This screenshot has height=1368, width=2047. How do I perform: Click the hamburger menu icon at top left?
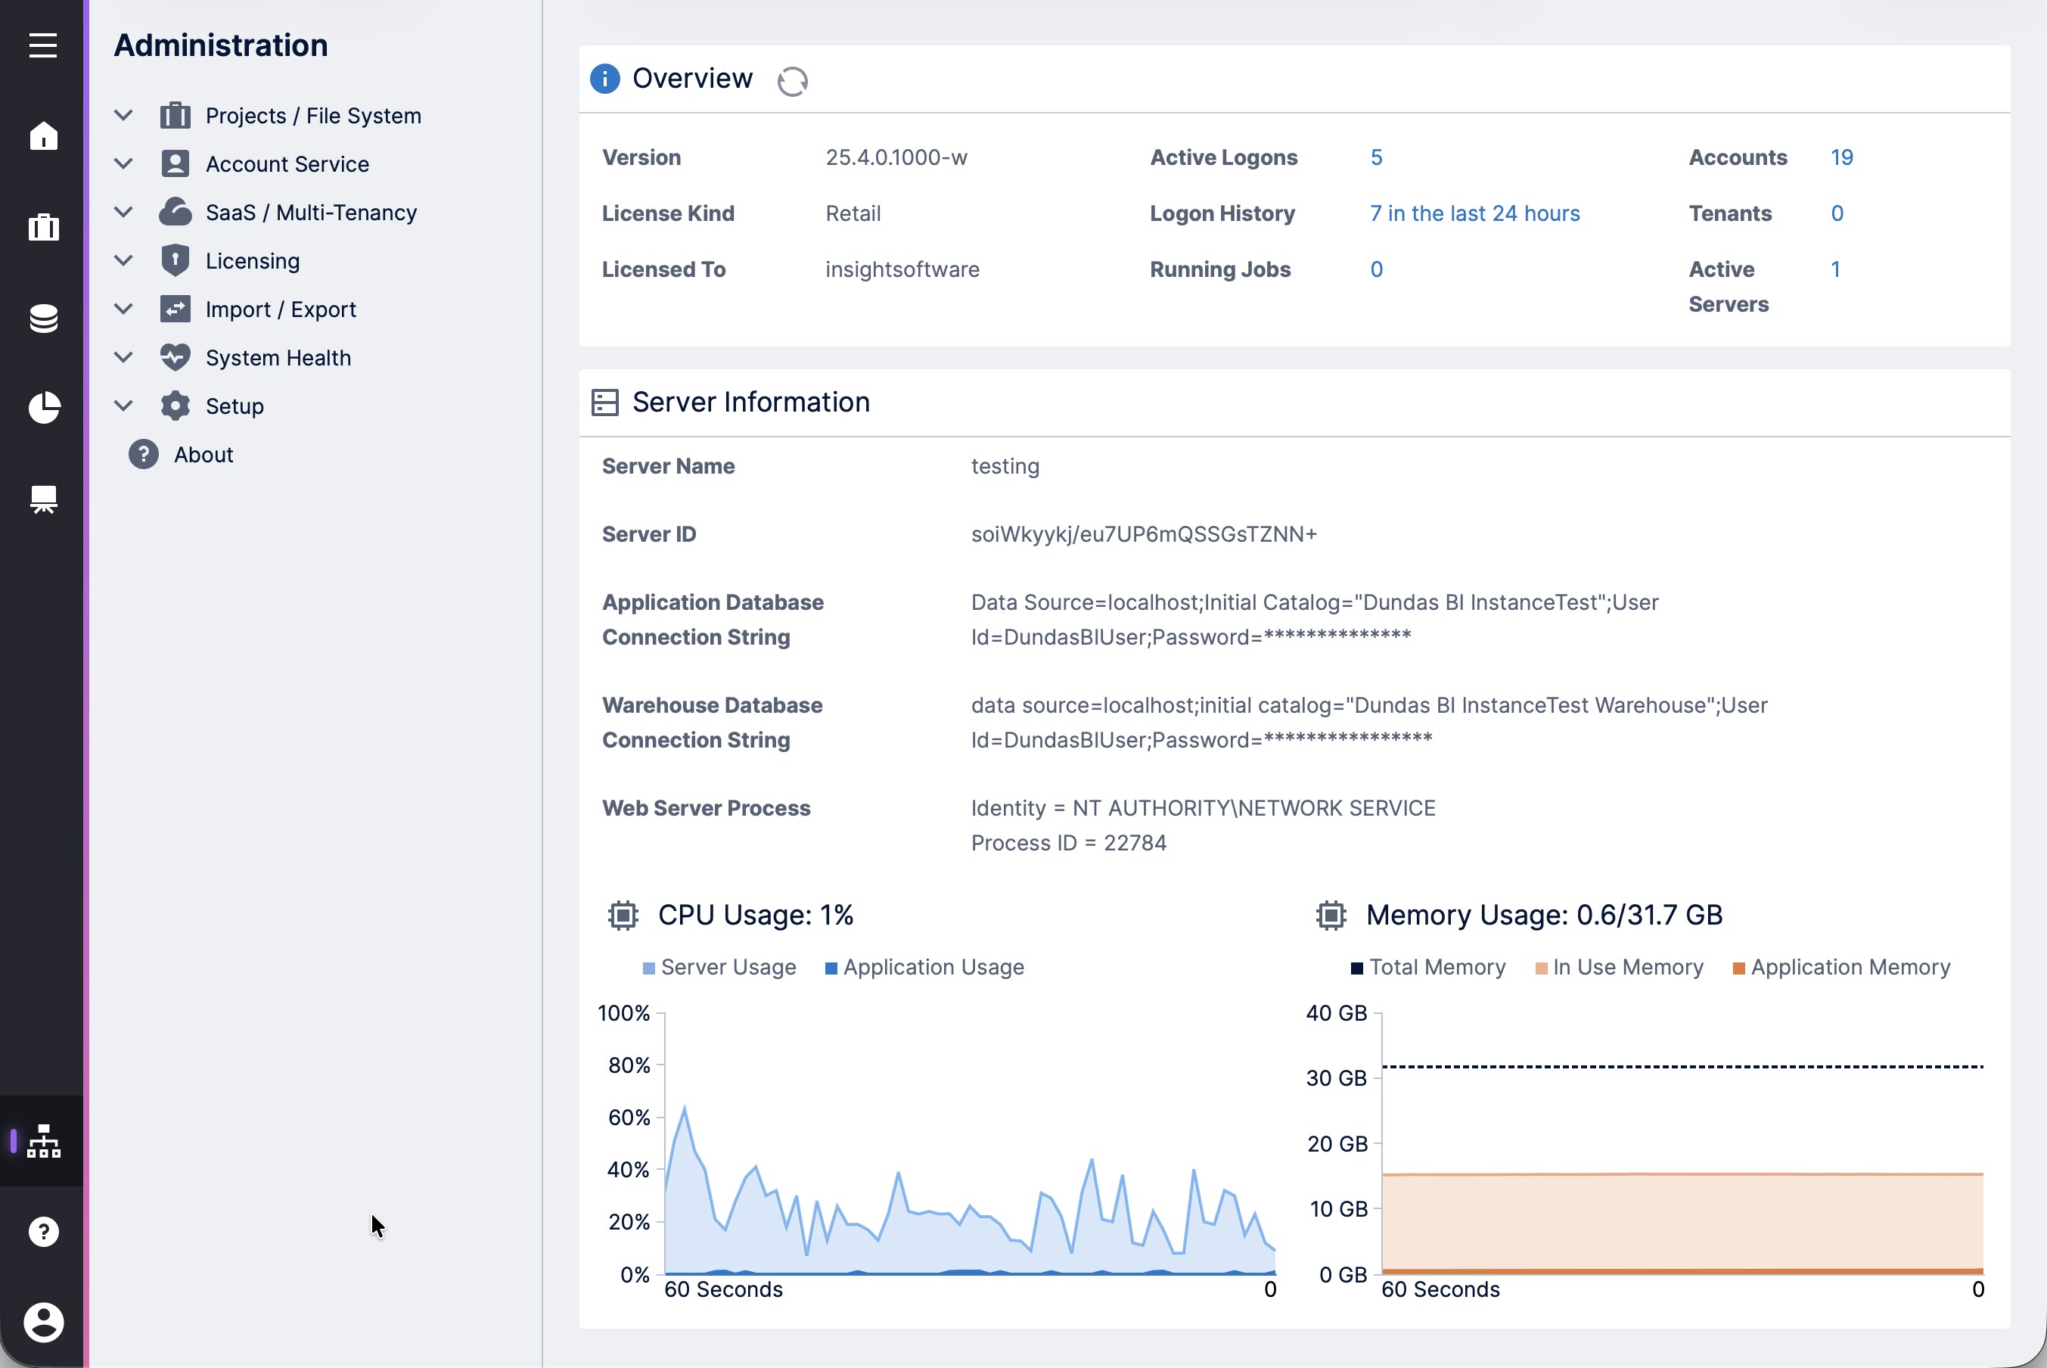(x=42, y=45)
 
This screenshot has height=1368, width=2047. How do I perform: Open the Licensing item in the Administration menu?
(x=252, y=261)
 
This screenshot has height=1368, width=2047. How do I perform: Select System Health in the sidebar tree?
(x=278, y=358)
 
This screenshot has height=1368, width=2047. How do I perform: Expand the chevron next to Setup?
(x=124, y=406)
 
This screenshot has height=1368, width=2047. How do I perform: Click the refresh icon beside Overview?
(x=792, y=81)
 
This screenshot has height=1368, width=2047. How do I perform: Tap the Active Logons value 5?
(x=1375, y=158)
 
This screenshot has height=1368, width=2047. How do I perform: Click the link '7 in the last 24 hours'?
(x=1474, y=213)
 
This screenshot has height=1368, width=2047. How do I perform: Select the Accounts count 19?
(x=1841, y=158)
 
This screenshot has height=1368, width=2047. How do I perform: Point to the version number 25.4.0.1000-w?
(x=896, y=158)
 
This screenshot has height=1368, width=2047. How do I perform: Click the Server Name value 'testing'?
(x=1005, y=466)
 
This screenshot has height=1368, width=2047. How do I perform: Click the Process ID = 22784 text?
(x=1068, y=843)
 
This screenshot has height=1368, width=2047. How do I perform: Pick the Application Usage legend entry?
(x=933, y=967)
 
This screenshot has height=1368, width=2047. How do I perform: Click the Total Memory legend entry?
(x=1436, y=967)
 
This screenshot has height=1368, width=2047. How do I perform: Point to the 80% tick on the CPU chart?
(x=629, y=1065)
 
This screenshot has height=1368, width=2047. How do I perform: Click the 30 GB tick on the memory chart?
(x=1335, y=1078)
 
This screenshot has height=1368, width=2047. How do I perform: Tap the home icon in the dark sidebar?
(x=42, y=136)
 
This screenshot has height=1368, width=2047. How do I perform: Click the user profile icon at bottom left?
(x=42, y=1322)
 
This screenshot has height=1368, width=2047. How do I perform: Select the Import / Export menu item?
(x=280, y=309)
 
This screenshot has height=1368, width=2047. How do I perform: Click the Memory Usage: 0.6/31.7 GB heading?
(x=1543, y=914)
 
